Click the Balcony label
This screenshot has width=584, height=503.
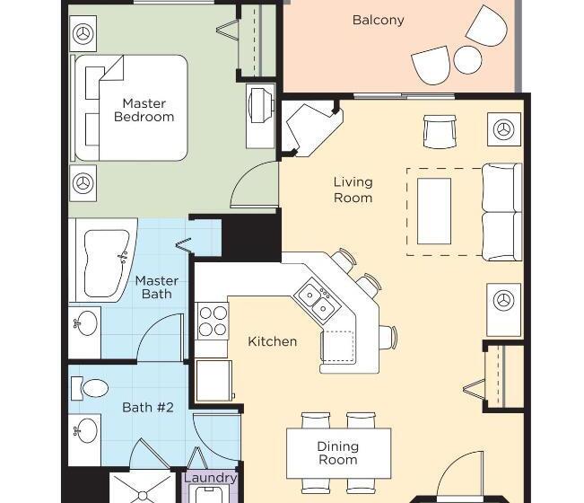(378, 20)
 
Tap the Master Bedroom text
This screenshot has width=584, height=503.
(144, 110)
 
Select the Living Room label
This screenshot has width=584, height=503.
(353, 190)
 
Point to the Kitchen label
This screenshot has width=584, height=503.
(272, 341)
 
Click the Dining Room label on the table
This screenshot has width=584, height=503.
(338, 453)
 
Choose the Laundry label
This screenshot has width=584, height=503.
(211, 478)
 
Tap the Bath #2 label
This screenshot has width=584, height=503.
(148, 407)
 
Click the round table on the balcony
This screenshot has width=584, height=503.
(467, 59)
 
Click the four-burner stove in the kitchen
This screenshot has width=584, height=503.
(213, 321)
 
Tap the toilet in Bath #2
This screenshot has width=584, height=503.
(90, 389)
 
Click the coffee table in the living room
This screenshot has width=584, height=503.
(434, 211)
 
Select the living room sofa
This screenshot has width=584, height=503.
(501, 212)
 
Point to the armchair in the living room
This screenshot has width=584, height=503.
(440, 131)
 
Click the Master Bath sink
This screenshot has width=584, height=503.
(85, 322)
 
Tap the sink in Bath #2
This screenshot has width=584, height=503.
(85, 430)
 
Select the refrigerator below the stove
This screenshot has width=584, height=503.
(214, 380)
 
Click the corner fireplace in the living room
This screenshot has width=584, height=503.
(309, 128)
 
